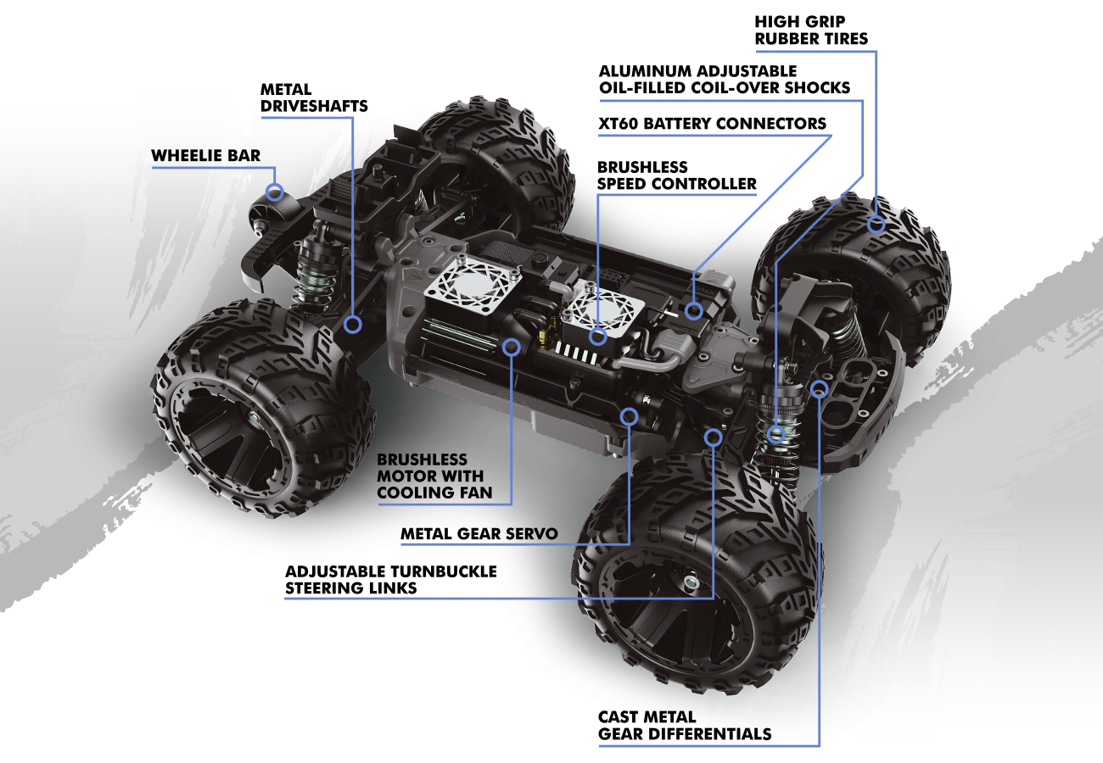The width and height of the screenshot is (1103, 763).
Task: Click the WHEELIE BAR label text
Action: [205, 156]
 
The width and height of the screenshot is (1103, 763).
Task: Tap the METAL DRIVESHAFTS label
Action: [314, 97]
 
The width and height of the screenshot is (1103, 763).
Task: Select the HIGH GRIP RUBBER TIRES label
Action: [811, 30]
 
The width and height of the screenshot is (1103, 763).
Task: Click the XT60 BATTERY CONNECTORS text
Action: [711, 124]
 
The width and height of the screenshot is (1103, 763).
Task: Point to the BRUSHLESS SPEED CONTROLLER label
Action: [676, 175]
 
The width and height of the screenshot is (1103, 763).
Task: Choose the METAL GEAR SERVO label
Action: [479, 535]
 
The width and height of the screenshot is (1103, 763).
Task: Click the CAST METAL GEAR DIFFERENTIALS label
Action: [685, 726]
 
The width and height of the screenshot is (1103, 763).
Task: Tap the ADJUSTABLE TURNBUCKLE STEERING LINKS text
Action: [390, 579]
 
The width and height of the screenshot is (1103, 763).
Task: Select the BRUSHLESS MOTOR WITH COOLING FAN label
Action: [434, 476]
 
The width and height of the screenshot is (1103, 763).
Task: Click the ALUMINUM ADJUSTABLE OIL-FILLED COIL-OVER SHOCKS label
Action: [724, 79]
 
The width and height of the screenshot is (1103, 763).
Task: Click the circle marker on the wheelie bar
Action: [274, 192]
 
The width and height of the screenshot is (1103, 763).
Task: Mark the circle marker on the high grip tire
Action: [876, 225]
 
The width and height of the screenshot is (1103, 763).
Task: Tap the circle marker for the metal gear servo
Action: [629, 416]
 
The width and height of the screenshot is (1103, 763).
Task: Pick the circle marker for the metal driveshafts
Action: [353, 323]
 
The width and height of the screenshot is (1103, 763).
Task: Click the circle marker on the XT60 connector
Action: [694, 310]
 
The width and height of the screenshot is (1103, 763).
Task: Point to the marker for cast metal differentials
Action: [819, 388]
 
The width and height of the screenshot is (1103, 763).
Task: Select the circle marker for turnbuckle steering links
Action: [713, 437]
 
